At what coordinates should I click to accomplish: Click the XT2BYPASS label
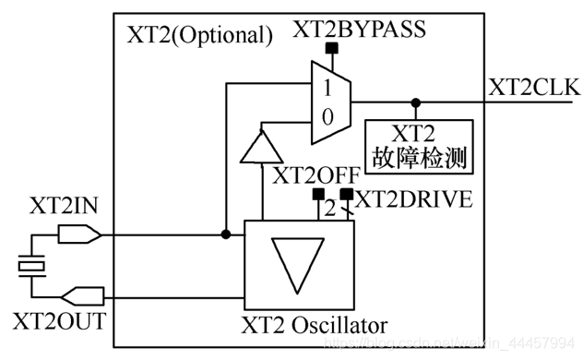click(360, 29)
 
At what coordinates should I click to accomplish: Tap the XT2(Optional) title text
click(198, 36)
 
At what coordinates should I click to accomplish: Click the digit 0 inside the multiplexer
click(327, 116)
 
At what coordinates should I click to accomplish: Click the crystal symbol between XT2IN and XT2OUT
click(32, 266)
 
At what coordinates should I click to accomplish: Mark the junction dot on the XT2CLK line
click(416, 102)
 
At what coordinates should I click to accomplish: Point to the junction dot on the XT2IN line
click(226, 234)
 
